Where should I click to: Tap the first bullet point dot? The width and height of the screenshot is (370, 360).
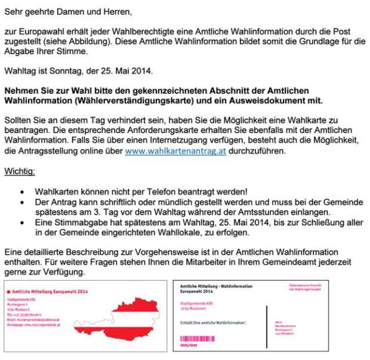22,192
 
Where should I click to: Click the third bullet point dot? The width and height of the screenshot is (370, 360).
22,223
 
